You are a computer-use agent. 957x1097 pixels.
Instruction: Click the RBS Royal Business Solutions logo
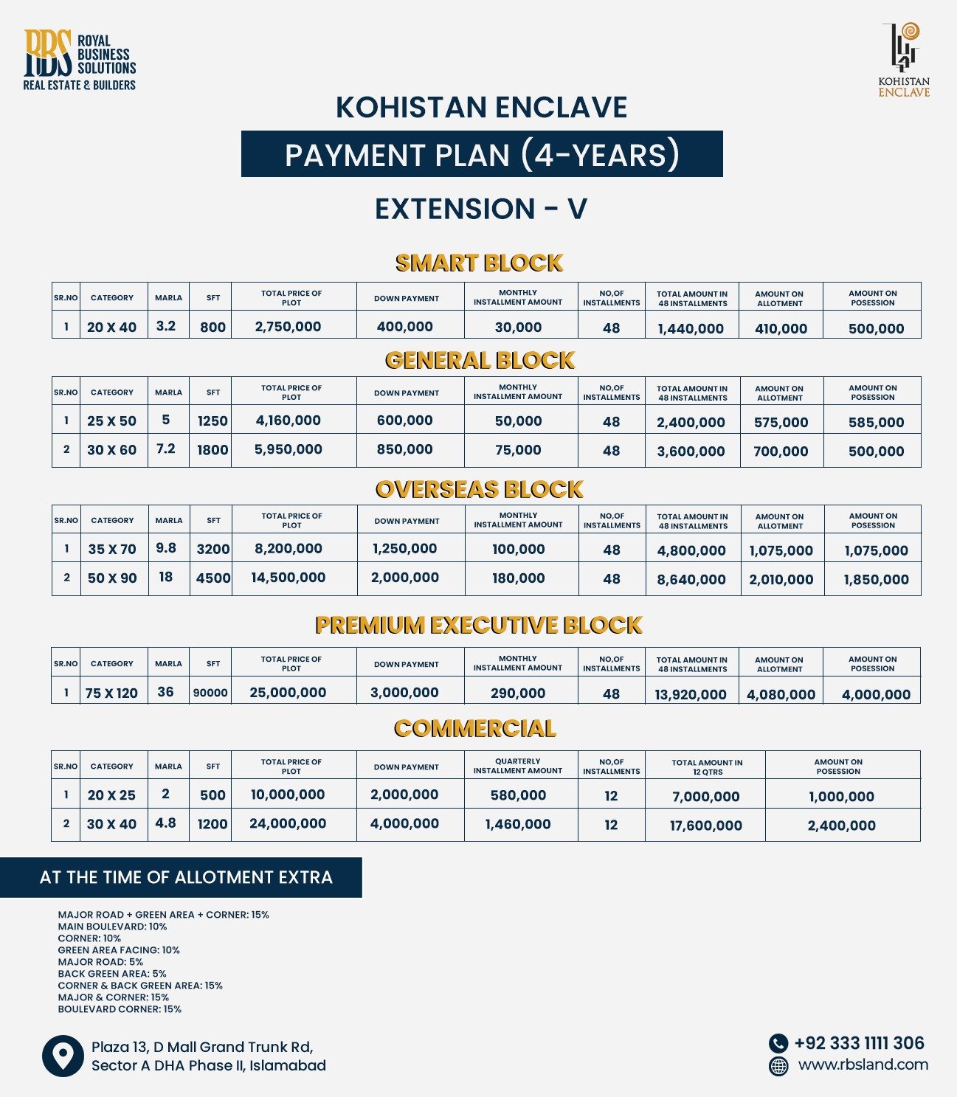point(79,60)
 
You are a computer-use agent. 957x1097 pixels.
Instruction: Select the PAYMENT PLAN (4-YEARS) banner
point(482,154)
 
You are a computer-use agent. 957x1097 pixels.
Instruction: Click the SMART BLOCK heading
point(479,263)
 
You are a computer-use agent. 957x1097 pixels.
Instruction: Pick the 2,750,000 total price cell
point(288,327)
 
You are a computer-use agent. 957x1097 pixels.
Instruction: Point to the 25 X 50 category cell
point(111,421)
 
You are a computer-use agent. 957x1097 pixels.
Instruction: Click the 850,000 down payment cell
point(404,449)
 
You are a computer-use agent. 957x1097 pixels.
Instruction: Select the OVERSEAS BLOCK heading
point(479,489)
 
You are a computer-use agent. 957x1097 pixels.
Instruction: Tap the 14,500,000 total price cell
point(288,578)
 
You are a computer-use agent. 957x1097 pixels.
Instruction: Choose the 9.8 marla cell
point(166,548)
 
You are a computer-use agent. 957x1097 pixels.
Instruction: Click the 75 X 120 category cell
point(111,693)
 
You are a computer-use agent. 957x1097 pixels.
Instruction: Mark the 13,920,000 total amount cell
point(691,694)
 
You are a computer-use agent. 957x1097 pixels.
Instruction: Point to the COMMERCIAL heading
point(474,729)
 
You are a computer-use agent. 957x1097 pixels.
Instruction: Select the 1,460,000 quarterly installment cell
point(518,824)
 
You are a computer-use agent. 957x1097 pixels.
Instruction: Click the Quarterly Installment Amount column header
point(518,766)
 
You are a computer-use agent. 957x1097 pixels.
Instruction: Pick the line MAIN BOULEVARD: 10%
point(112,927)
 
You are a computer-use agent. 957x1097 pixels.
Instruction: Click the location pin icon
point(63,1056)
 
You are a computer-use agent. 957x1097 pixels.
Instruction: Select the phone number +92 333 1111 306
point(859,1043)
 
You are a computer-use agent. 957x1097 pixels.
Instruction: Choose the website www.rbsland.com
point(863,1065)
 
